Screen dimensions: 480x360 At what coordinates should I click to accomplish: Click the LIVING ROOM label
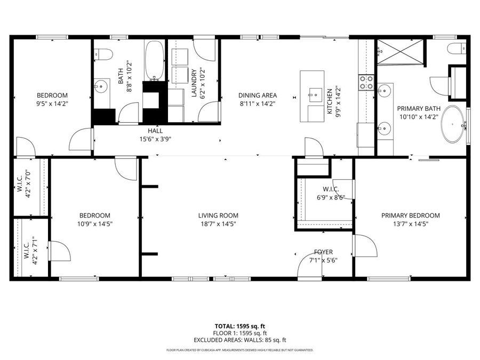[x=218, y=215]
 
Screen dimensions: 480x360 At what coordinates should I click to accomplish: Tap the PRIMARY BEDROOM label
[x=411, y=215]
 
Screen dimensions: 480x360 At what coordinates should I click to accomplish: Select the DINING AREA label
[x=258, y=95]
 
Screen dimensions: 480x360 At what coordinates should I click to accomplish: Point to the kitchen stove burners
[x=366, y=82]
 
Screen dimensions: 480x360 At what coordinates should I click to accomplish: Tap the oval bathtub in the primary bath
[x=453, y=124]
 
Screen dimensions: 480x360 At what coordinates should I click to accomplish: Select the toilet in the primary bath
[x=457, y=49]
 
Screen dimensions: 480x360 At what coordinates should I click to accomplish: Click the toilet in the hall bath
[x=103, y=54]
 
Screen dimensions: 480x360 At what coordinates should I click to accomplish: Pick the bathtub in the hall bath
[x=155, y=60]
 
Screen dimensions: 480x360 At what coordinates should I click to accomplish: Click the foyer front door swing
[x=309, y=265]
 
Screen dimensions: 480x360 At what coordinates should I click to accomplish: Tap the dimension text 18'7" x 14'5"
[x=218, y=224]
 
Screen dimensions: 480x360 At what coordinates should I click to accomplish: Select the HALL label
[x=155, y=131]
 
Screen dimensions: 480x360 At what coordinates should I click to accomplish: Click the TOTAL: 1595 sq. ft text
[x=239, y=326]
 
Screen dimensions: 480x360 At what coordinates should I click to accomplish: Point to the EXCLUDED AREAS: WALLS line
[x=239, y=340]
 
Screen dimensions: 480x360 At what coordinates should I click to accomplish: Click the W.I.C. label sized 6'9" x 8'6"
[x=331, y=189]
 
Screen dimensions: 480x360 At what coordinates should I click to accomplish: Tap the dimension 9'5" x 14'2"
[x=52, y=104]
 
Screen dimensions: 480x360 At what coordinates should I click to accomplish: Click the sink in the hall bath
[x=101, y=86]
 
